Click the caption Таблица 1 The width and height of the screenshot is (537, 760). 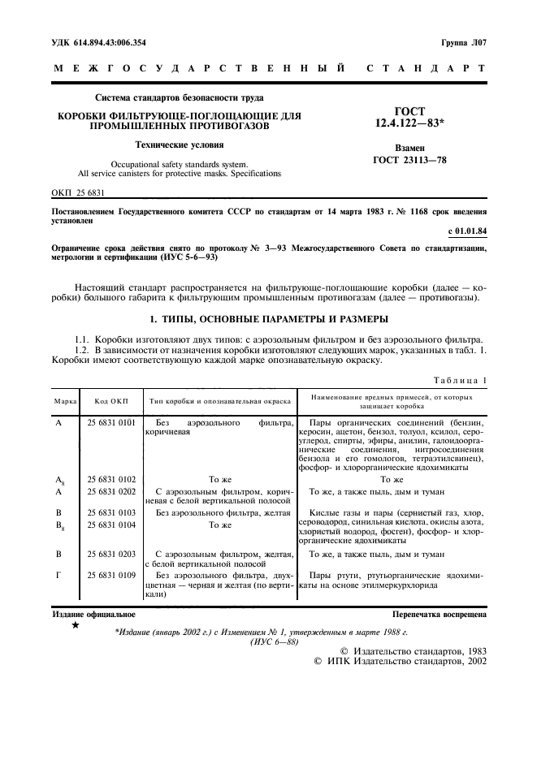tap(460, 380)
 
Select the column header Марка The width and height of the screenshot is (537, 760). tap(66, 400)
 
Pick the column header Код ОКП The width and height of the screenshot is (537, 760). tap(111, 400)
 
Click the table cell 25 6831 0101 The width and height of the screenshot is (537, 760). tap(111, 423)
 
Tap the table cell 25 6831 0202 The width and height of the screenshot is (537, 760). tap(111, 492)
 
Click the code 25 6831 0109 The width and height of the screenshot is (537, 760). tap(111, 575)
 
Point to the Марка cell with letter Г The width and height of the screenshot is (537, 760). tap(58, 575)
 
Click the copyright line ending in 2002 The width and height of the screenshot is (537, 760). tap(400, 662)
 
